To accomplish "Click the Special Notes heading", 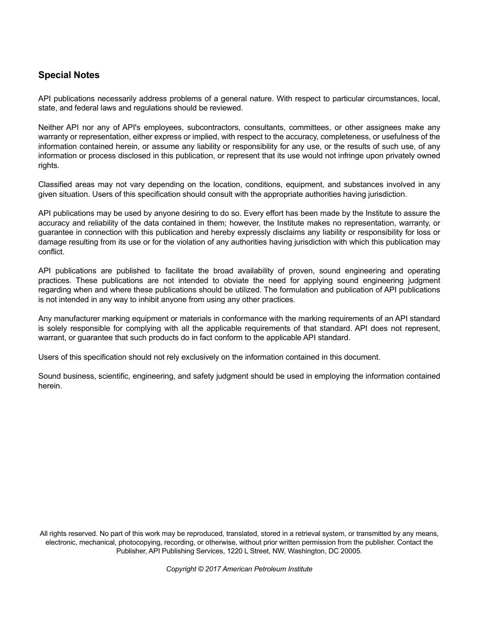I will [x=69, y=75].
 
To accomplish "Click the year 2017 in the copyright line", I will [x=213, y=569].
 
